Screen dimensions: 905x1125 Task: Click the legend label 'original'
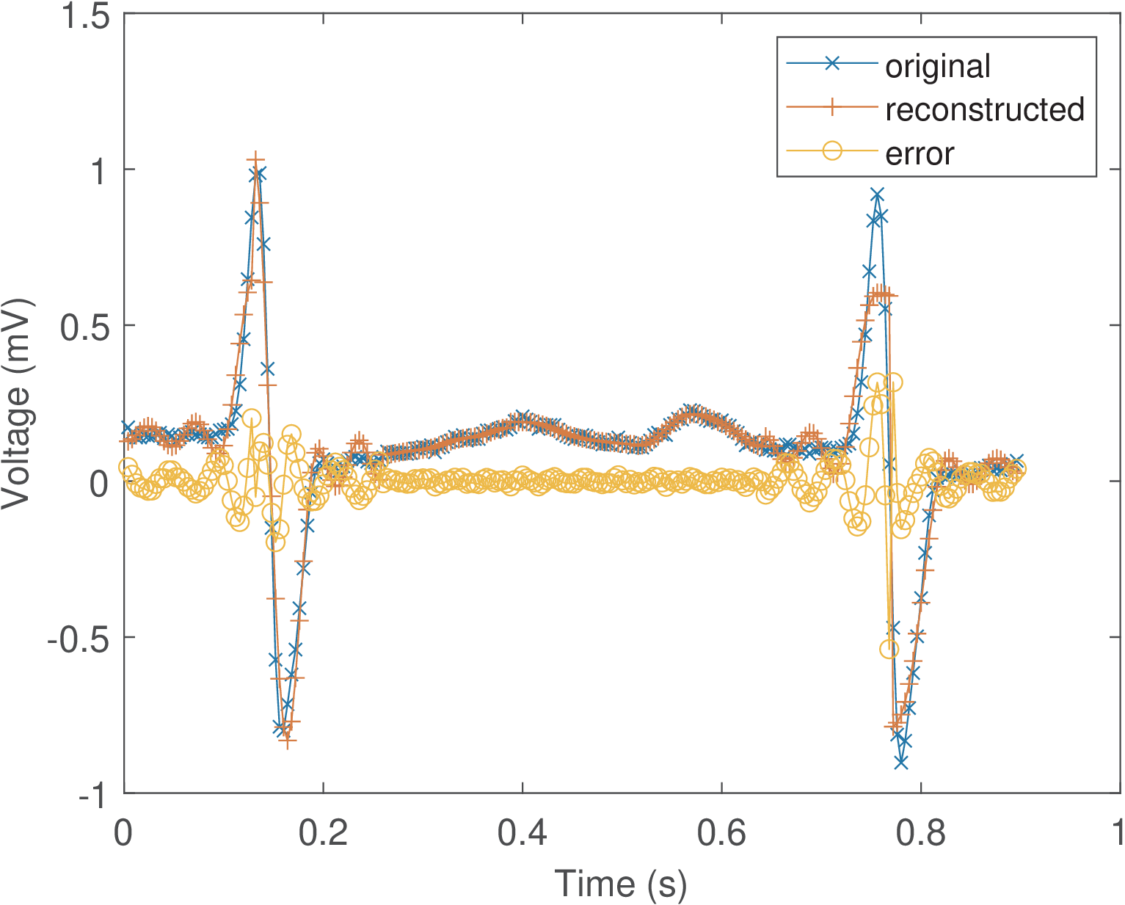[x=937, y=66]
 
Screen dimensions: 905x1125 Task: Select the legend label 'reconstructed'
[x=984, y=109]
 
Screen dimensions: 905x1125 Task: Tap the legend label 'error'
[x=919, y=153]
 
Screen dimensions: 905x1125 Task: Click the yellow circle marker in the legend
[x=831, y=151]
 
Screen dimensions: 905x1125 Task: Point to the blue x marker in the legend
[x=831, y=64]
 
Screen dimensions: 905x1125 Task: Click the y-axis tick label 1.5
[x=85, y=16]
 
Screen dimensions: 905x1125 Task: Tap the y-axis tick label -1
[x=95, y=795]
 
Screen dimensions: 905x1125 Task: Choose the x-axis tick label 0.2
[x=324, y=834]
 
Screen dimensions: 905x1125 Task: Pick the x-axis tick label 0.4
[x=523, y=834]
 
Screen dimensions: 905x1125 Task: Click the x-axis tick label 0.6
[x=722, y=834]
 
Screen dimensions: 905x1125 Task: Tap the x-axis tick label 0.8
[x=921, y=834]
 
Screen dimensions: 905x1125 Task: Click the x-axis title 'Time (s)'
[x=620, y=882]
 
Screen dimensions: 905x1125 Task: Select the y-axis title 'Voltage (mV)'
[x=18, y=404]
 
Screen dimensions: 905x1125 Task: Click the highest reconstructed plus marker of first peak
[x=255, y=161]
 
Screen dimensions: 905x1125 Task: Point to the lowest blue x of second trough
[x=901, y=763]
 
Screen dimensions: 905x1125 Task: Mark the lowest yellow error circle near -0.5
[x=889, y=649]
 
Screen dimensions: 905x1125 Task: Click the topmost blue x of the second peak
[x=877, y=195]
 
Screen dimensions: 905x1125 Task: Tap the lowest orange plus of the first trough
[x=288, y=741]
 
